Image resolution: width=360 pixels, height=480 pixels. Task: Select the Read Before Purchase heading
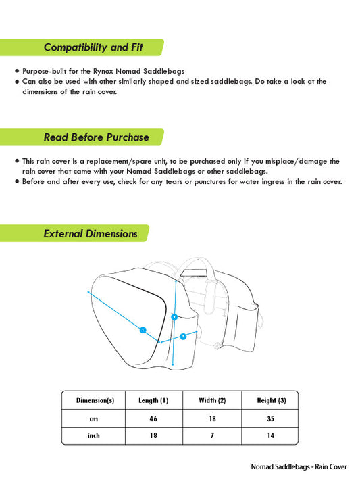(96, 137)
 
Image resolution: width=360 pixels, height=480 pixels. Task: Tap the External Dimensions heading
(91, 234)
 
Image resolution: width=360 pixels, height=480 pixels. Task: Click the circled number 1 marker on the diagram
(143, 330)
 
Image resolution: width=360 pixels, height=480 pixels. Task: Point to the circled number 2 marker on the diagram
(183, 336)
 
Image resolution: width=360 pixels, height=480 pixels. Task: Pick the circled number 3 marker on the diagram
(174, 316)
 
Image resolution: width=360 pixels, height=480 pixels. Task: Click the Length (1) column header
(153, 400)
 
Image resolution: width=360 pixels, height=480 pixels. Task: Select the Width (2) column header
(212, 400)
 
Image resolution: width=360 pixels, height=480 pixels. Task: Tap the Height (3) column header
(271, 400)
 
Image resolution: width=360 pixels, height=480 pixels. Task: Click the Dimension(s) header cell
(95, 400)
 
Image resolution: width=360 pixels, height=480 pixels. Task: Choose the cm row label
(94, 418)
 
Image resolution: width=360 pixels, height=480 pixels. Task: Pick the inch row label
(94, 436)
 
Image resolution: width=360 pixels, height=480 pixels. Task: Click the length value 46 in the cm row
(153, 418)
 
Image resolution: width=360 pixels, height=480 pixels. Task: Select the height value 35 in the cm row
(271, 418)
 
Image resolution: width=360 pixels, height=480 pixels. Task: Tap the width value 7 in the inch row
(212, 436)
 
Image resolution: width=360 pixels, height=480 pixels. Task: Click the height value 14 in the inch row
(271, 436)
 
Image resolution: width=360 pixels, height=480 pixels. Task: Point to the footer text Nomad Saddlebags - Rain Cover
(299, 467)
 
